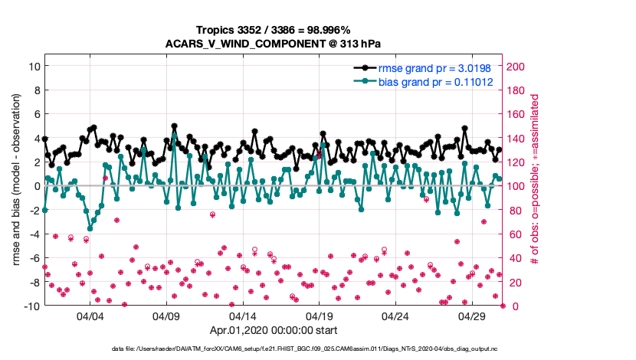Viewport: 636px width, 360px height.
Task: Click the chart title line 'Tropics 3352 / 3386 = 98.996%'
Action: click(x=274, y=30)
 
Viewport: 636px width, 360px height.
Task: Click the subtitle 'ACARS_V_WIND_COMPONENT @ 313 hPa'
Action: click(x=274, y=44)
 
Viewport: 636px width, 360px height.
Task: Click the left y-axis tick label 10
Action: click(x=33, y=66)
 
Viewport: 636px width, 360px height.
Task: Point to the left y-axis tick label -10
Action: click(x=31, y=306)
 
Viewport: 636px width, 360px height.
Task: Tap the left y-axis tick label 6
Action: click(x=35, y=114)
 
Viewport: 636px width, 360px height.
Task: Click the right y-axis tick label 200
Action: click(x=516, y=67)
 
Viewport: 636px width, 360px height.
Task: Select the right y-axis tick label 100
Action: click(x=516, y=186)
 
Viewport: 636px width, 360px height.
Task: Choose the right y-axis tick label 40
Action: click(x=514, y=258)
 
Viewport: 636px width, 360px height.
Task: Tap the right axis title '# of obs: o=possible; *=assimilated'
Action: click(x=536, y=186)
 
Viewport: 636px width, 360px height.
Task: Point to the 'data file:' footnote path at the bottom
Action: click(x=274, y=349)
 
